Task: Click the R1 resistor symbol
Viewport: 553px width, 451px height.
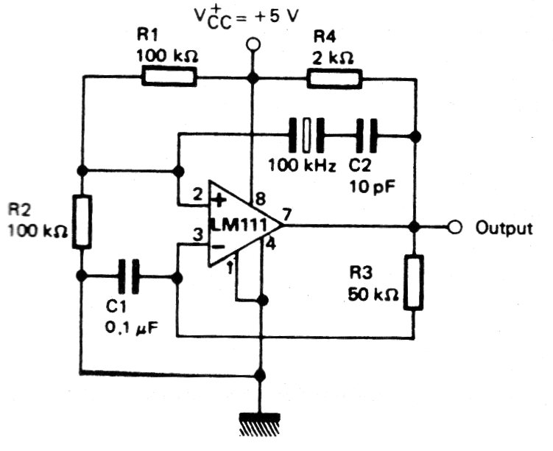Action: point(169,77)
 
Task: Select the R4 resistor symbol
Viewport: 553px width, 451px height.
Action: point(335,79)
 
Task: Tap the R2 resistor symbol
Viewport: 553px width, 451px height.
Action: point(82,221)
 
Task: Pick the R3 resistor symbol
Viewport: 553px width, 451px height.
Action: point(414,282)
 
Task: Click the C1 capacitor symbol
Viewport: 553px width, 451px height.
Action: point(129,276)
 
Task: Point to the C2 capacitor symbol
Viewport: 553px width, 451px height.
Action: point(367,136)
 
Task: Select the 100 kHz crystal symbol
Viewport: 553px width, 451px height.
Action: point(306,135)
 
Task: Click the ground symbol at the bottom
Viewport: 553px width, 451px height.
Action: point(260,424)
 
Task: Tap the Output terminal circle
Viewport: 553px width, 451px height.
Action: point(455,227)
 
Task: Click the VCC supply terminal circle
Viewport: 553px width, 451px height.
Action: point(253,45)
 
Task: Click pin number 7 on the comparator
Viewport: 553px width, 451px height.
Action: point(287,214)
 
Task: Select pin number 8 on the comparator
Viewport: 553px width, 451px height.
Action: point(260,200)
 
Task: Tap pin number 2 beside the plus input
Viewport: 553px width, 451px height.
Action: point(198,195)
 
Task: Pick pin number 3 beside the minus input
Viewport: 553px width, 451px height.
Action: point(198,234)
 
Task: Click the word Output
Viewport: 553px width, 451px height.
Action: point(504,228)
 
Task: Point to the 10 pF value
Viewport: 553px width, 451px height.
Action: point(372,186)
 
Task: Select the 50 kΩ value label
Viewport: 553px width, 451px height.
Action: point(373,294)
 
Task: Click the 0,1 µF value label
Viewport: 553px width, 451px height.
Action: point(131,328)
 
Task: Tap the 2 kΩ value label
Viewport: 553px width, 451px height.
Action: point(332,58)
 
